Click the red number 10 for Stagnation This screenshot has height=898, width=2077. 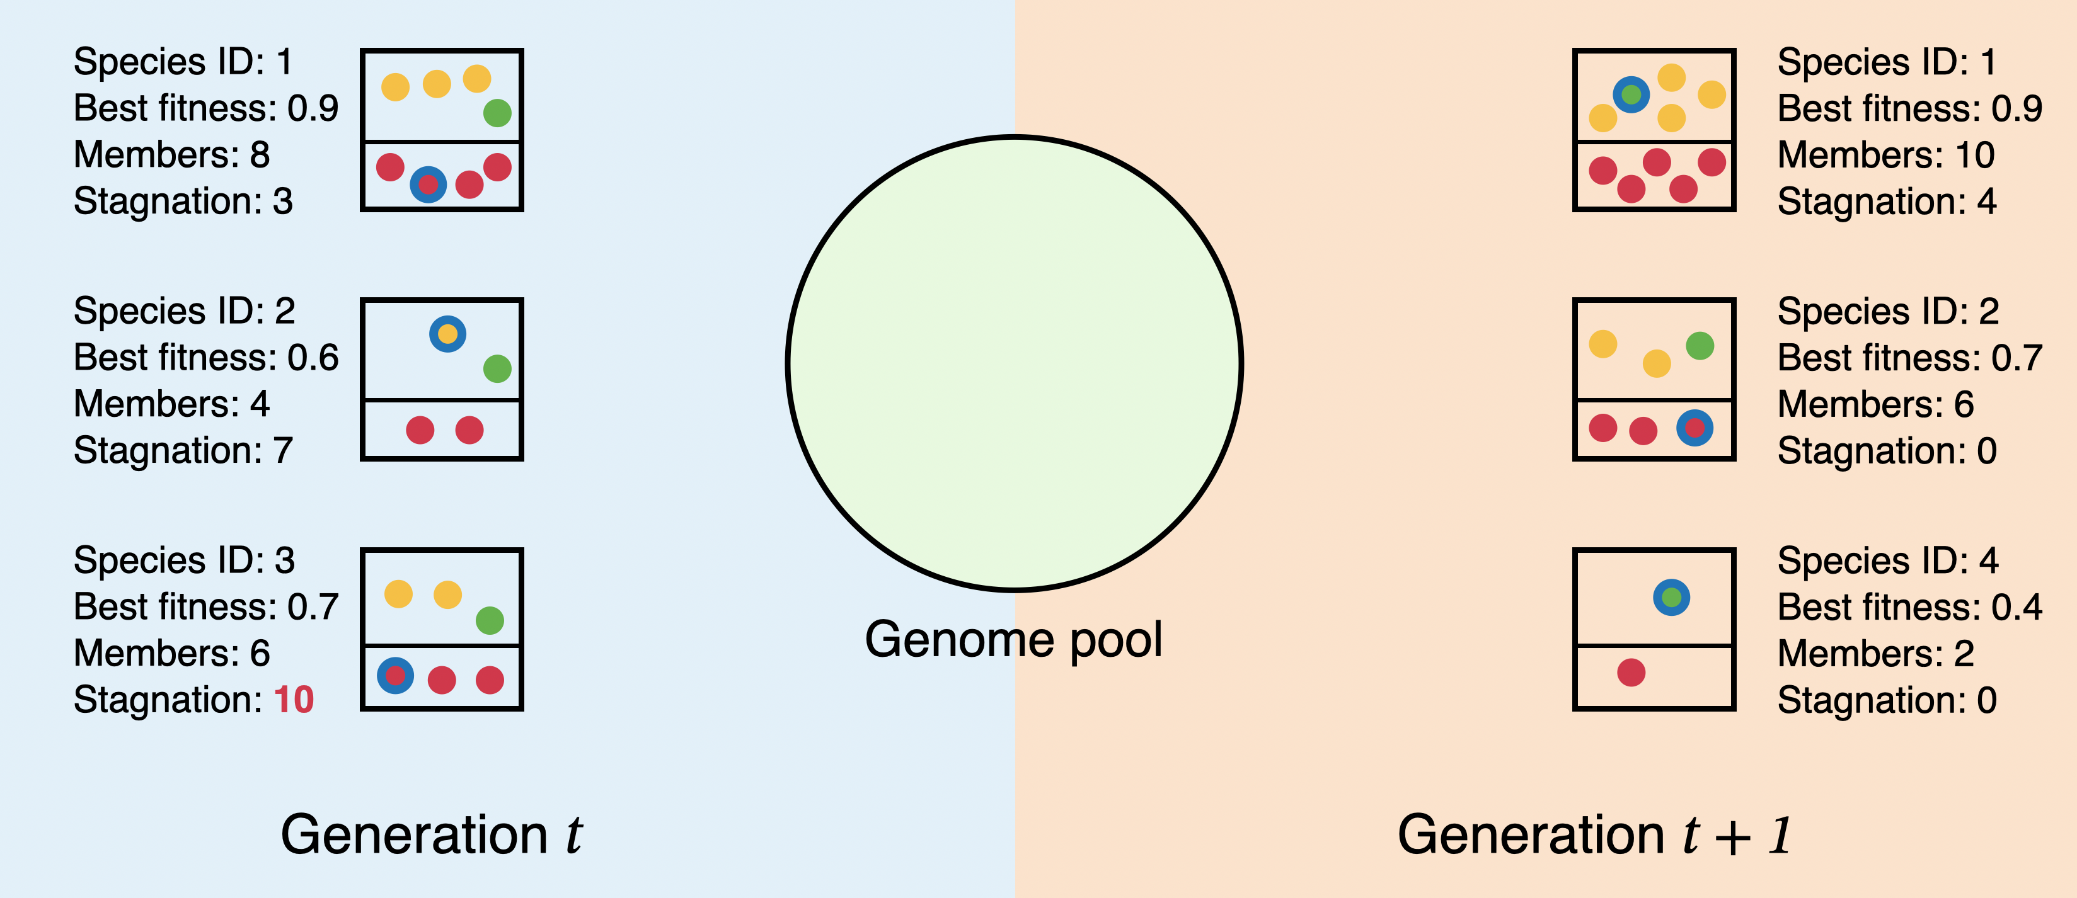294,700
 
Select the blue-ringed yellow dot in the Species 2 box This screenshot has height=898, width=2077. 447,334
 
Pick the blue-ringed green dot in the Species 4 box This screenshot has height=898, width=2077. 1671,598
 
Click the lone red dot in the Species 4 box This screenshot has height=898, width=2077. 1631,673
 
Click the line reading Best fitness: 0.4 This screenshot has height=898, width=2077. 1910,607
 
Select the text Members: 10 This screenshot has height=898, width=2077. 1887,155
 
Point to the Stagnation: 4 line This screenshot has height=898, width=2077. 1887,202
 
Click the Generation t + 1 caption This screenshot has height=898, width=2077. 1595,834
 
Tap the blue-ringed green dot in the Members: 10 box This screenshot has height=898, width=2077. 1631,94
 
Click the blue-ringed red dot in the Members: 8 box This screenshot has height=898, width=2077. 428,185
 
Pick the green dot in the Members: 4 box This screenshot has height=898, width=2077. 497,369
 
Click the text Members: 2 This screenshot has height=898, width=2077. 1876,654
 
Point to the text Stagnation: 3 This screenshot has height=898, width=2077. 183,202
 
